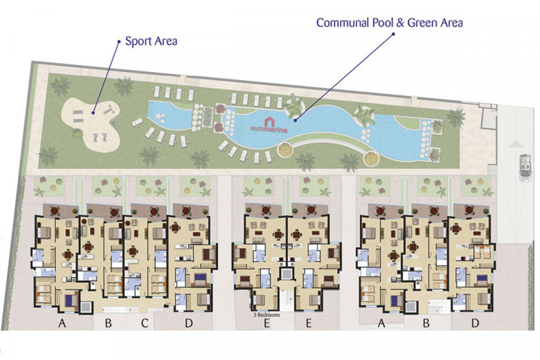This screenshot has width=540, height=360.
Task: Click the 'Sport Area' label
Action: tap(151, 41)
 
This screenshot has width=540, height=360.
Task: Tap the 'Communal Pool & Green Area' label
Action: tap(389, 23)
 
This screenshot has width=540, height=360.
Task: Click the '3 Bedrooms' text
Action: tap(266, 315)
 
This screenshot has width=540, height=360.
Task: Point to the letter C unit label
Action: tap(145, 323)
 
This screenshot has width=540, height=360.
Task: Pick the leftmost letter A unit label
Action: tap(62, 323)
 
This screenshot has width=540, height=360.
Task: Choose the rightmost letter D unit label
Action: tap(475, 323)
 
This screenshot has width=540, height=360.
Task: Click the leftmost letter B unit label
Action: tap(109, 323)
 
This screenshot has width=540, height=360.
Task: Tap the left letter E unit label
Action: tap(266, 323)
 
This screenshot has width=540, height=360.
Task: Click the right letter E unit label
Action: tap(308, 323)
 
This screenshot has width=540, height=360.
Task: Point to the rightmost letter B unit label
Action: tap(427, 323)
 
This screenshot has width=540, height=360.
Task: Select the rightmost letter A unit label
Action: tap(381, 323)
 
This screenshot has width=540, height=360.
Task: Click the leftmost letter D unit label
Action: tap(189, 323)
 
